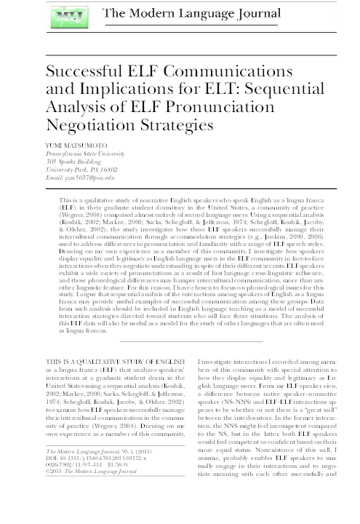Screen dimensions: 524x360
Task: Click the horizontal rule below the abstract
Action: pyautogui.click(x=180, y=340)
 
